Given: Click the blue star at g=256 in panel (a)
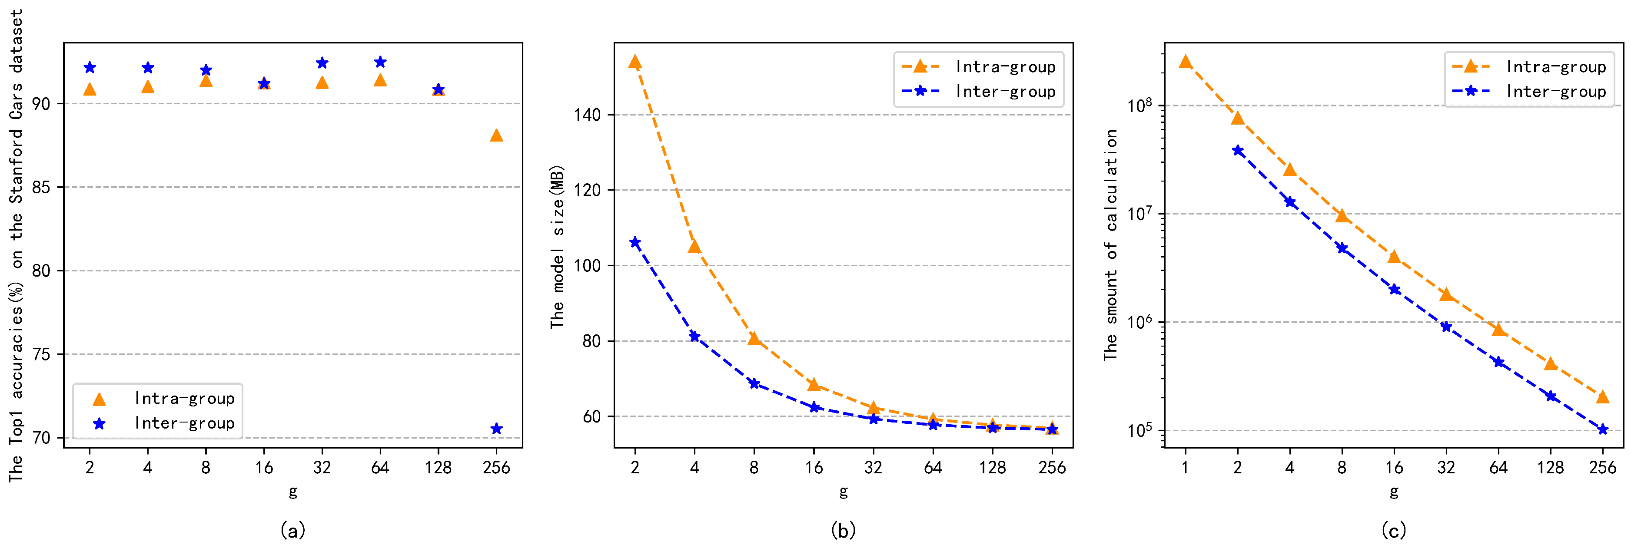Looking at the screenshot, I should pyautogui.click(x=496, y=429).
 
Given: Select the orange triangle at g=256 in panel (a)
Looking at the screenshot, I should pyautogui.click(x=496, y=135).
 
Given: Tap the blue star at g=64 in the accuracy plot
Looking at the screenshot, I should pyautogui.click(x=380, y=62).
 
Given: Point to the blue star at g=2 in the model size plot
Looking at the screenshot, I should pyautogui.click(x=635, y=242).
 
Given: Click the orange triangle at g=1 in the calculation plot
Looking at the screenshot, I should pyautogui.click(x=1185, y=61).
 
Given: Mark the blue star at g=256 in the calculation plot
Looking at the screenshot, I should pyautogui.click(x=1602, y=429).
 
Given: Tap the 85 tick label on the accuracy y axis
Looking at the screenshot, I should pyautogui.click(x=41, y=187).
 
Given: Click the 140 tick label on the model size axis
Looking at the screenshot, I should pyautogui.click(x=587, y=115).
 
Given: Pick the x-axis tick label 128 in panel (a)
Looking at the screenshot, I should pyautogui.click(x=438, y=468).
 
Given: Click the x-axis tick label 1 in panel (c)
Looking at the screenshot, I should pyautogui.click(x=1185, y=468).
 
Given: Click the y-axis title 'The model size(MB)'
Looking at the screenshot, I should pyautogui.click(x=557, y=247).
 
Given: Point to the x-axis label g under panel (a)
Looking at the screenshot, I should pyautogui.click(x=292, y=491).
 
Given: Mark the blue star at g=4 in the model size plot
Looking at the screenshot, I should pyautogui.click(x=694, y=336).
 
